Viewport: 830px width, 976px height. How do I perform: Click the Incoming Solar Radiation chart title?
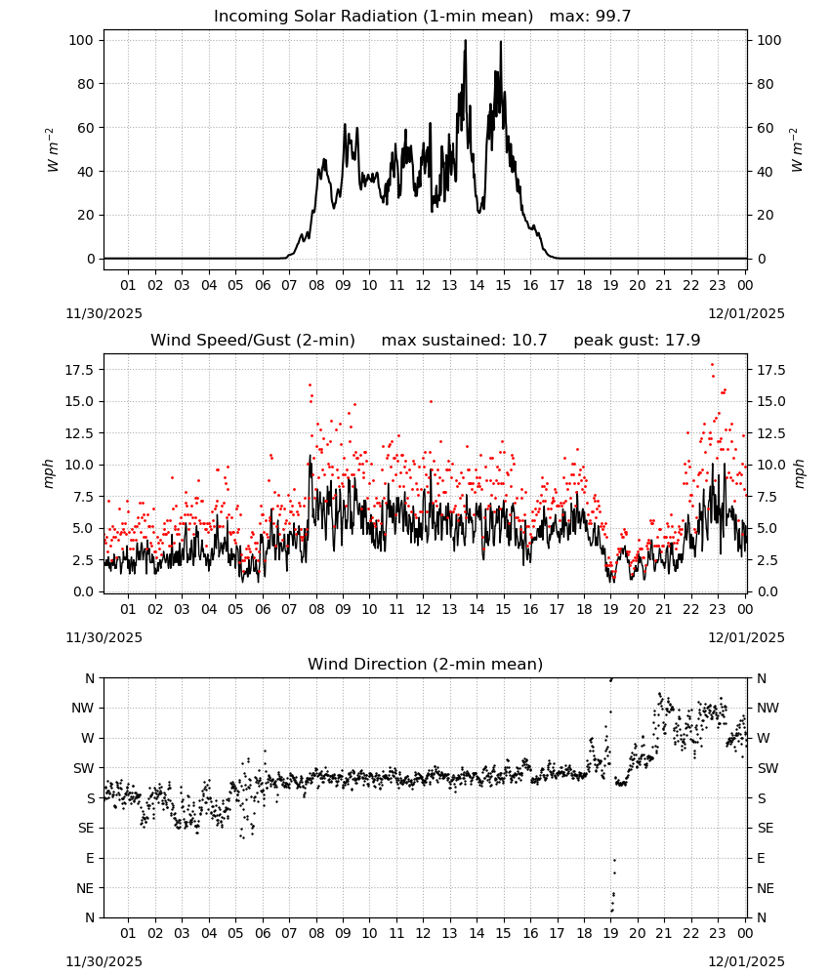point(373,17)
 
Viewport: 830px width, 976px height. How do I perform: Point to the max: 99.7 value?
point(590,17)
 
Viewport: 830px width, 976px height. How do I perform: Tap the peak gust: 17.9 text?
point(637,341)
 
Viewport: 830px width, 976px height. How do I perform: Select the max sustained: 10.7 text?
point(464,341)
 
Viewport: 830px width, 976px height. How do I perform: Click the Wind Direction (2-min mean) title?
point(426,664)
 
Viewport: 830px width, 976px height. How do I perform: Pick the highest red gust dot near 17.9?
point(712,365)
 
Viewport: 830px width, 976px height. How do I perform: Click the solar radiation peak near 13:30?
point(465,41)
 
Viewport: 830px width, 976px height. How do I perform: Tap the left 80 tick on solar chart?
point(86,84)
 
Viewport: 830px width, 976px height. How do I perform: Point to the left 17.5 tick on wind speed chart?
point(80,370)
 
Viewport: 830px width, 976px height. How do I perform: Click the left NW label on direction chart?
point(83,709)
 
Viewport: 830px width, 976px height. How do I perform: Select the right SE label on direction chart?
point(766,829)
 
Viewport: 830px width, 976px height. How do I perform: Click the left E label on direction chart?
point(90,858)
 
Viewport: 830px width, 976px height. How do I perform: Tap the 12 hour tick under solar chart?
point(423,286)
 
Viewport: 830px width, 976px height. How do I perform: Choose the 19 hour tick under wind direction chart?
point(610,934)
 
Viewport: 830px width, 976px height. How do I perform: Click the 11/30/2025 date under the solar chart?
point(104,313)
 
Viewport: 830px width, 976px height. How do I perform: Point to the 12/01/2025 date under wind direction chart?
point(746,961)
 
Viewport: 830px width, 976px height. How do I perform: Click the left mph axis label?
point(49,473)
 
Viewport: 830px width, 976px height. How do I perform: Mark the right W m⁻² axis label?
point(797,150)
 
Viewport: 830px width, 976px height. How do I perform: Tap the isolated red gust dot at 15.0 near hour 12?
point(431,401)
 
